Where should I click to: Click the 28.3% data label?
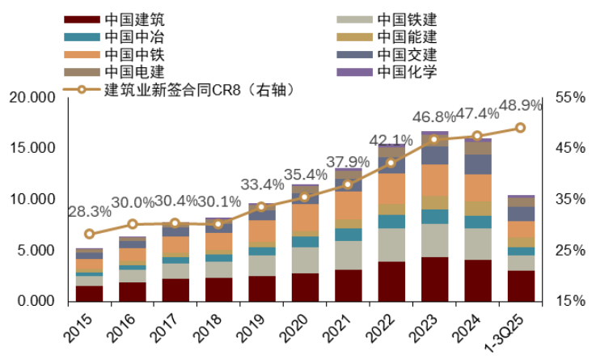coord(89,212)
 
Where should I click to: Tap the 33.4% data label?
coord(261,184)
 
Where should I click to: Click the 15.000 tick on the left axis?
coord(30,148)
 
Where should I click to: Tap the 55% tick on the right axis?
coord(570,97)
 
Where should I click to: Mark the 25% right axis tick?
coord(570,251)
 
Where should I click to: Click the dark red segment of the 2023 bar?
coord(433,279)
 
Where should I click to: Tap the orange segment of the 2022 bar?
coord(391,188)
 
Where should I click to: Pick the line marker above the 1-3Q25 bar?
coord(520,128)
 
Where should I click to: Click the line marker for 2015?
coord(89,234)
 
